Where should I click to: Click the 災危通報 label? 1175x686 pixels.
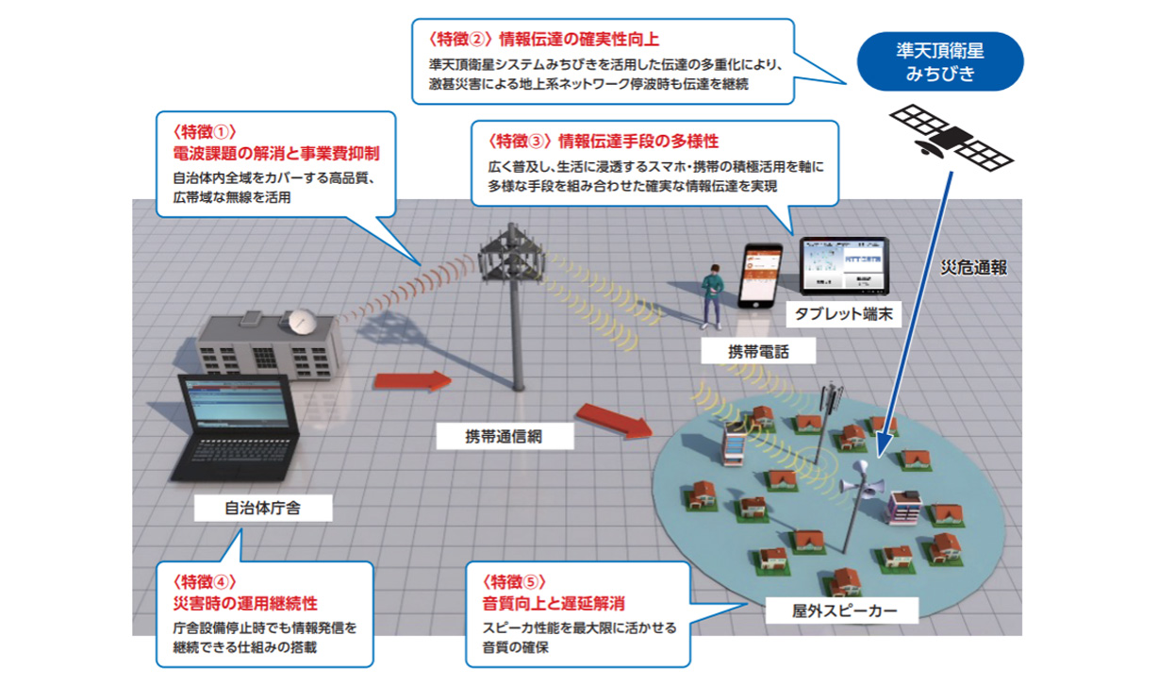tap(974, 268)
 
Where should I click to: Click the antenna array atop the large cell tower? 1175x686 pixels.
tap(512, 254)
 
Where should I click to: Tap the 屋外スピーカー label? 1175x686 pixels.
tap(830, 611)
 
